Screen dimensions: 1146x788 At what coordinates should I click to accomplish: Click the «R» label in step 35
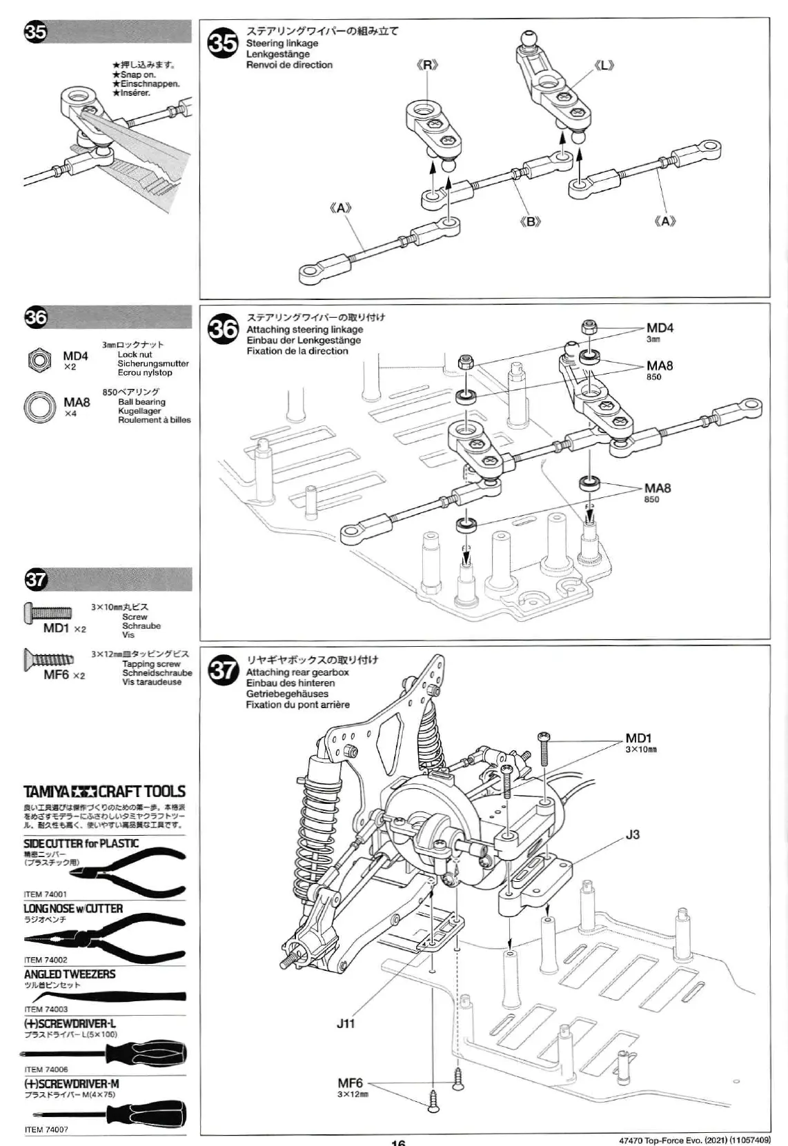point(428,66)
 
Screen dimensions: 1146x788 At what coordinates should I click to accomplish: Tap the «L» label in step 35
point(603,66)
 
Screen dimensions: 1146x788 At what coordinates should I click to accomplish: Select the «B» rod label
point(530,222)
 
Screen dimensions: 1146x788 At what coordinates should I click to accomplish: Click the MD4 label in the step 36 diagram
point(660,328)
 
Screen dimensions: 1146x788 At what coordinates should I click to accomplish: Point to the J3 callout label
point(633,834)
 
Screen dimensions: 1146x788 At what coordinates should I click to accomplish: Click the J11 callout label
point(346,1023)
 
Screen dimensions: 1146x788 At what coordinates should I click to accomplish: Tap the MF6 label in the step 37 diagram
point(351,1083)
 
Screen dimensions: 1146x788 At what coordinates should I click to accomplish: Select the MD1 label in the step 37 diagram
point(639,739)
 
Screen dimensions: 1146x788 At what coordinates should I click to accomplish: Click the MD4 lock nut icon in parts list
point(38,359)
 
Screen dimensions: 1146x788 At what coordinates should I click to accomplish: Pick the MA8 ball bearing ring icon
point(39,406)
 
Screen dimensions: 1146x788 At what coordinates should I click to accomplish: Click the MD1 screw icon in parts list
point(48,612)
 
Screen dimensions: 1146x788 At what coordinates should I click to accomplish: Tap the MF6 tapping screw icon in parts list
point(48,659)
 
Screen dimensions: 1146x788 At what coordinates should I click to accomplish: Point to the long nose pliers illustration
point(104,934)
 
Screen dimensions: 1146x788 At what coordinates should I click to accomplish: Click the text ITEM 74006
point(46,1069)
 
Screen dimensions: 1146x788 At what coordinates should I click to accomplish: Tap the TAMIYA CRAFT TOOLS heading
point(104,792)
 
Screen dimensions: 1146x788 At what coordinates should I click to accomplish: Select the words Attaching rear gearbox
point(297,672)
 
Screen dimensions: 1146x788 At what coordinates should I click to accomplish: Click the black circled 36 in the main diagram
point(223,329)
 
